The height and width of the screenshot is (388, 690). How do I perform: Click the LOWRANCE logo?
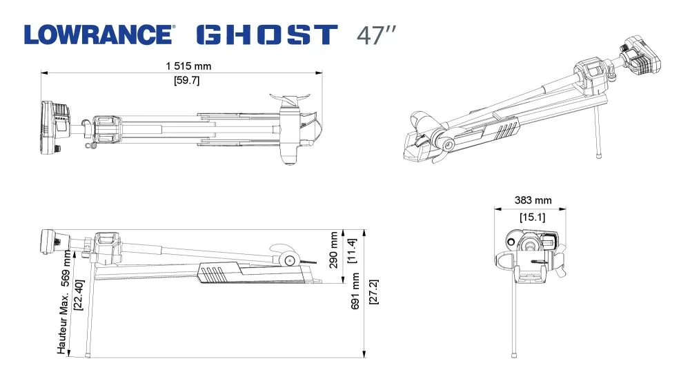click(99, 35)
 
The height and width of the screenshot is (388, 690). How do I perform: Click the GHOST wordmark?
click(267, 35)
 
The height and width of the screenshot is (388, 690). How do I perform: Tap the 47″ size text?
click(376, 35)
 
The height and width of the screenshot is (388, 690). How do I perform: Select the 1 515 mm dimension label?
click(188, 66)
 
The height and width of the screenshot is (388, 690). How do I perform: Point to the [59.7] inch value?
click(187, 80)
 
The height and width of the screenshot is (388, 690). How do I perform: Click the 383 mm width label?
click(533, 200)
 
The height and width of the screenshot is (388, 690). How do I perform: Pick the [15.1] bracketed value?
click(533, 217)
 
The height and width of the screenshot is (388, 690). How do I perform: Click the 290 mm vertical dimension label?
click(333, 250)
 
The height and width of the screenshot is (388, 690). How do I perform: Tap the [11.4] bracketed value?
click(352, 251)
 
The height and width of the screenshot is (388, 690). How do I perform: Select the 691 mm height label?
click(355, 291)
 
